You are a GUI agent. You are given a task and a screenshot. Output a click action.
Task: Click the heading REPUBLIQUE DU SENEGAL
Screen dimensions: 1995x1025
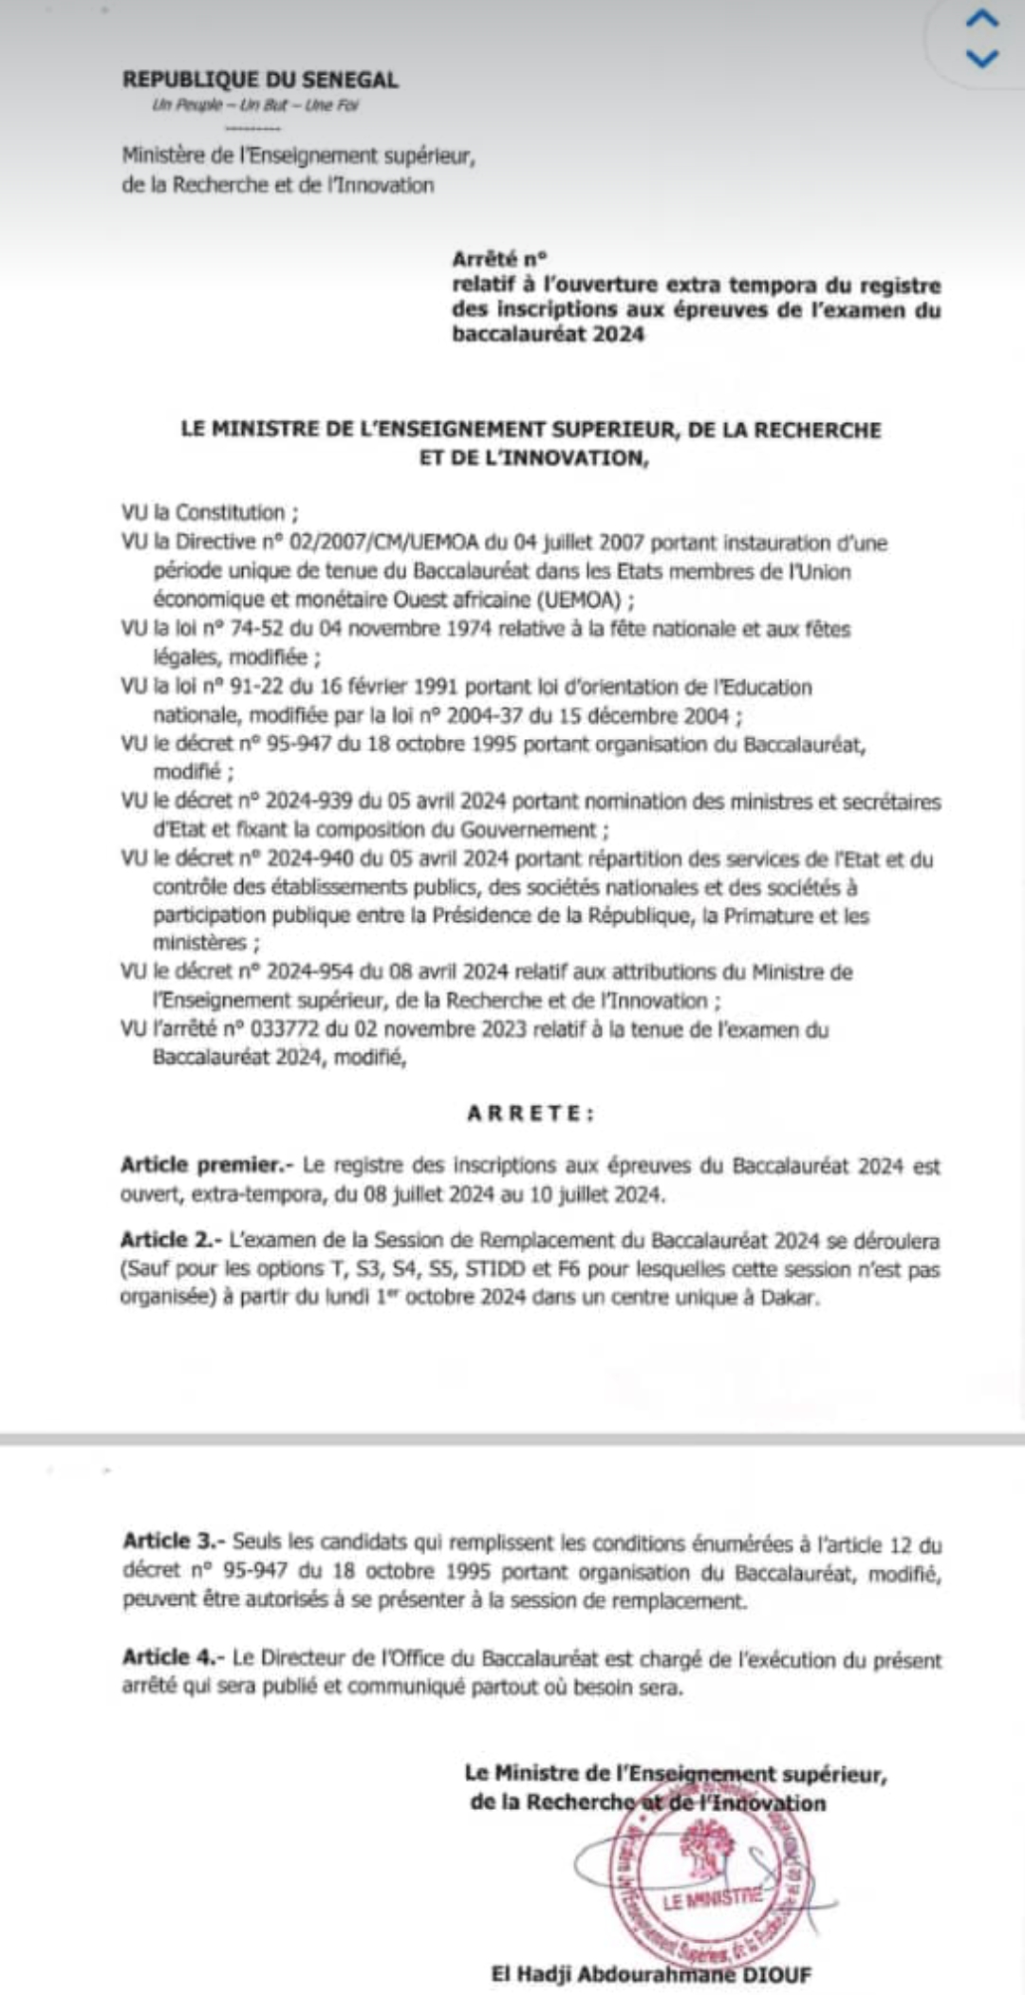click(260, 81)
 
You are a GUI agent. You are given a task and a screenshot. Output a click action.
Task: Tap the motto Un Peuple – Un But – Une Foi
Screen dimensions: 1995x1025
click(255, 105)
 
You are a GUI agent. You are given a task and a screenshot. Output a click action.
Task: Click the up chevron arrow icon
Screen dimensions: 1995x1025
click(981, 19)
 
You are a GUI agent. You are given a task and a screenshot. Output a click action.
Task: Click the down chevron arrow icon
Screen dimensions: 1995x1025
click(981, 59)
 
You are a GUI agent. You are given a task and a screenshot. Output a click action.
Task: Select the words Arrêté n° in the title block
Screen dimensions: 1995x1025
click(500, 259)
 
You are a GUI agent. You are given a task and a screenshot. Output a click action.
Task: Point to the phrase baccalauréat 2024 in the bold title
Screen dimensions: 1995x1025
click(548, 334)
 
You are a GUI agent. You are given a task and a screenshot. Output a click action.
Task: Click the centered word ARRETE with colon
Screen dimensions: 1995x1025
click(531, 1114)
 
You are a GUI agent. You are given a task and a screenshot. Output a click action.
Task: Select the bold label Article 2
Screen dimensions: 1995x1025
click(170, 1240)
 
